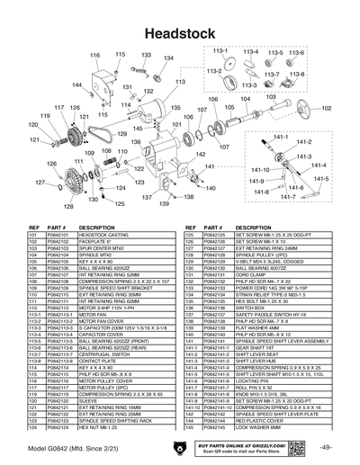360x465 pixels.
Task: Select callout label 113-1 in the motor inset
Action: [219, 52]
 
